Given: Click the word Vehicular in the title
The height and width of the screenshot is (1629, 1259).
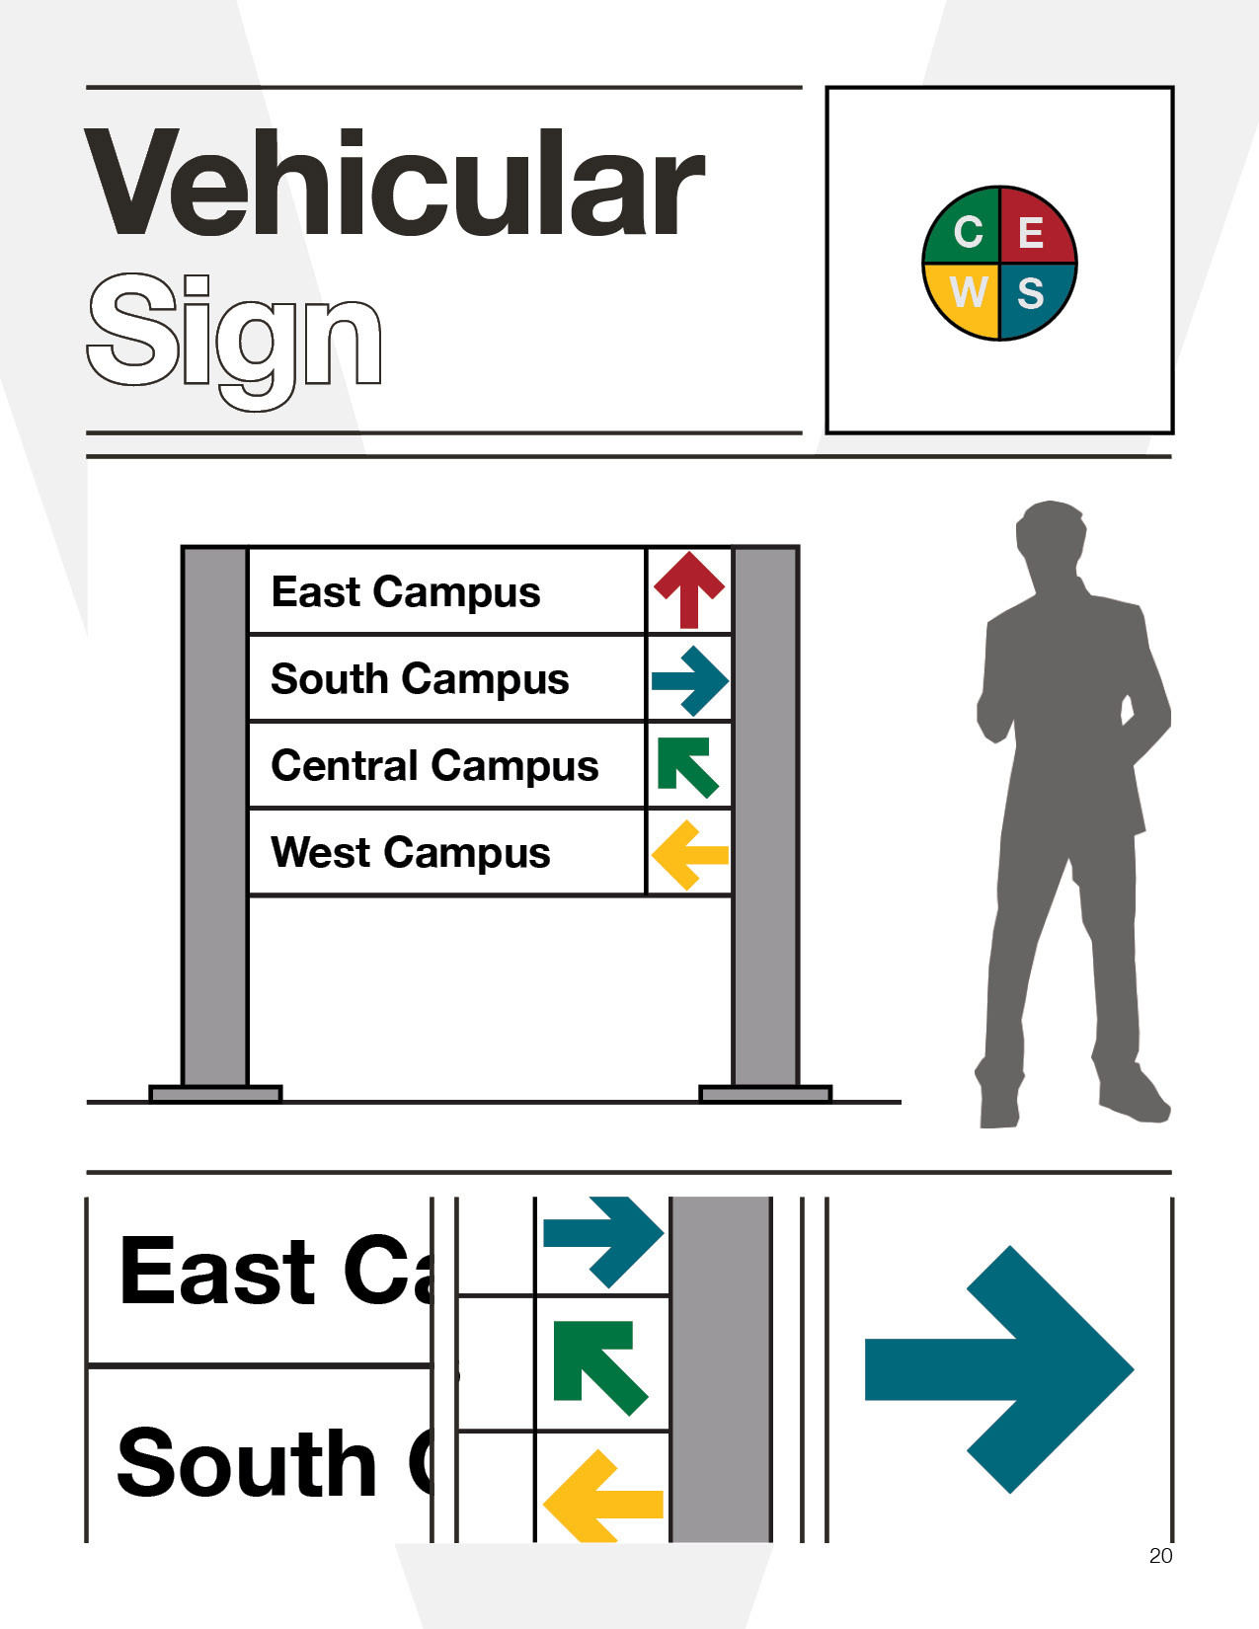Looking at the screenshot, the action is click(x=395, y=185).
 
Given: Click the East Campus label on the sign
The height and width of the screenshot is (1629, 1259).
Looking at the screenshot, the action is click(x=406, y=592).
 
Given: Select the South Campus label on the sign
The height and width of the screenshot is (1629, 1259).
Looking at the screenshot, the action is click(x=420, y=679).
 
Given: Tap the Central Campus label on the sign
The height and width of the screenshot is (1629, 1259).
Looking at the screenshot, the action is click(x=434, y=766).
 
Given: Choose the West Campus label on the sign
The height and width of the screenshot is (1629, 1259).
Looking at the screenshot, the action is click(x=410, y=853).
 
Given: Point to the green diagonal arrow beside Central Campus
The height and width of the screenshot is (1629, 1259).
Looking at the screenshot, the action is click(x=686, y=765).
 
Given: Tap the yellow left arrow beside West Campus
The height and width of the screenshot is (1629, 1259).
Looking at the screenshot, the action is click(x=688, y=854).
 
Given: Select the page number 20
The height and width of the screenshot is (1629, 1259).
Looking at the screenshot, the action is click(x=1160, y=1556).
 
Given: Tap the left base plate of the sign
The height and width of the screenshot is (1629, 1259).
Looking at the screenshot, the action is click(x=215, y=1093).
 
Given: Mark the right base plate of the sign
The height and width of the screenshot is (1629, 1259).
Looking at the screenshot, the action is click(x=765, y=1093).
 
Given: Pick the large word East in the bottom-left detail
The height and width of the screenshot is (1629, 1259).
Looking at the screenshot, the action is click(x=217, y=1272).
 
